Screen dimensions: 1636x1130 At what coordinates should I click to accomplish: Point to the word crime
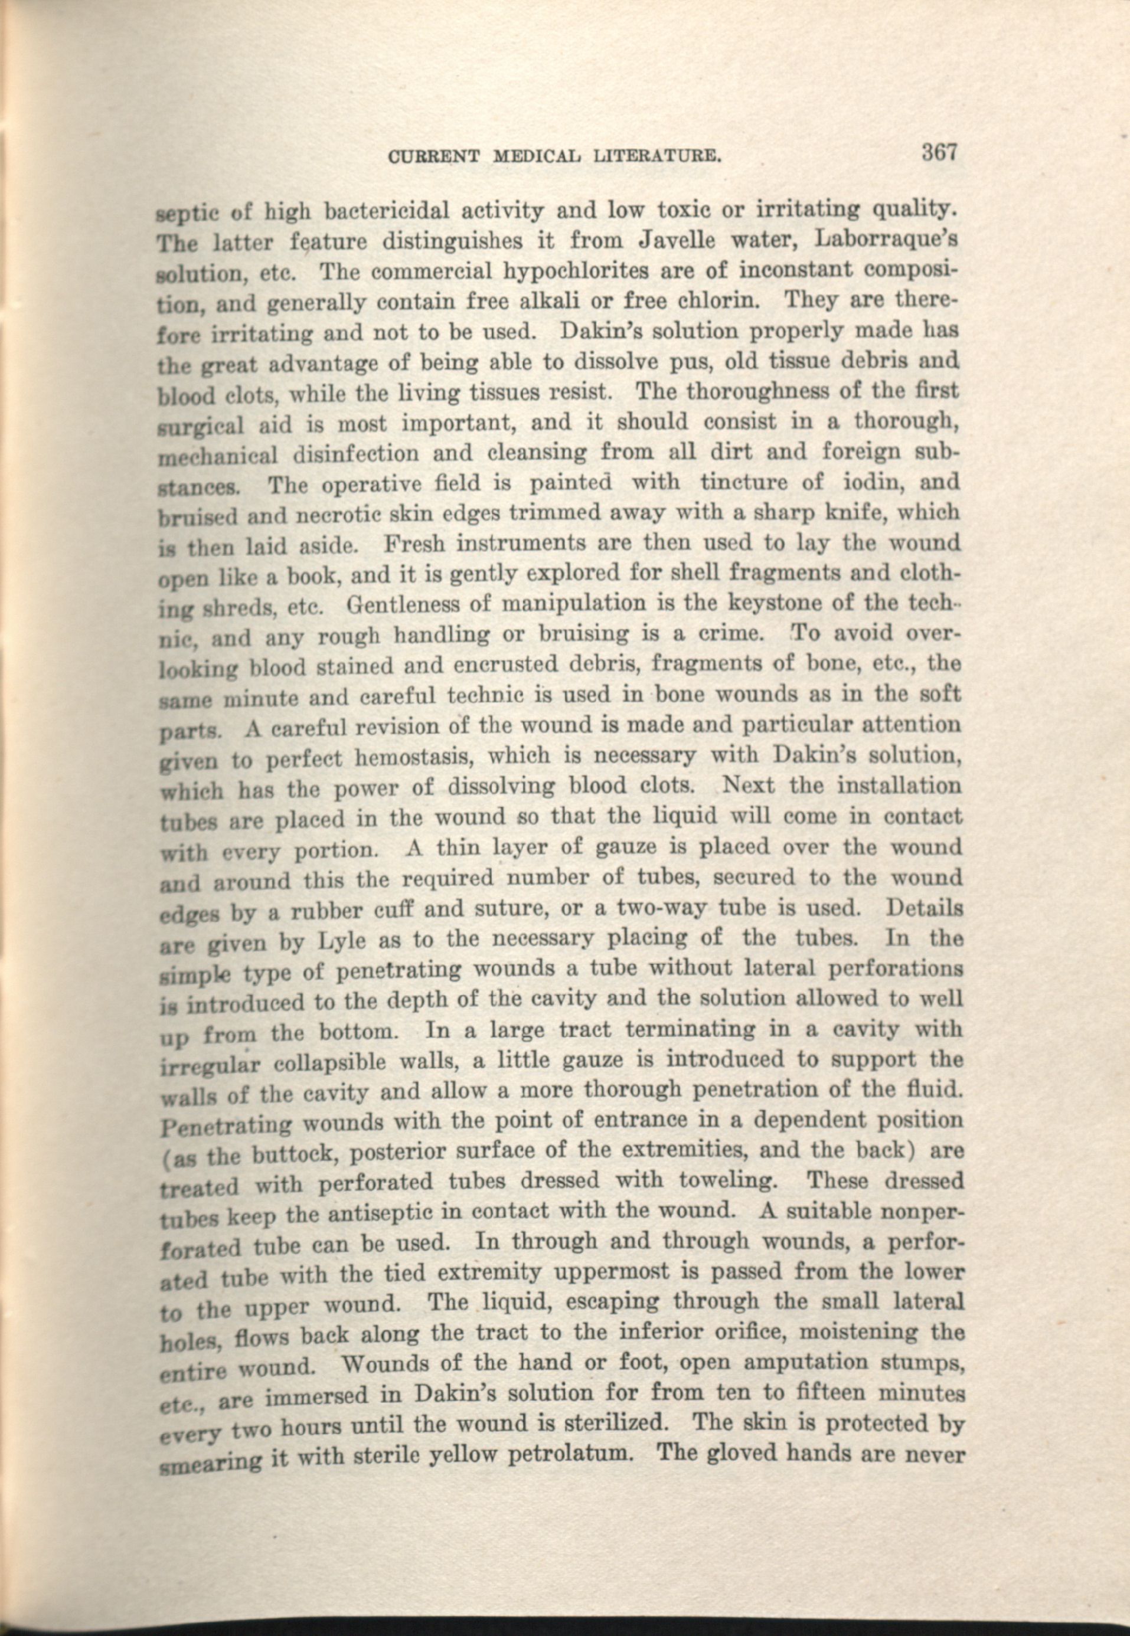click(728, 634)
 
